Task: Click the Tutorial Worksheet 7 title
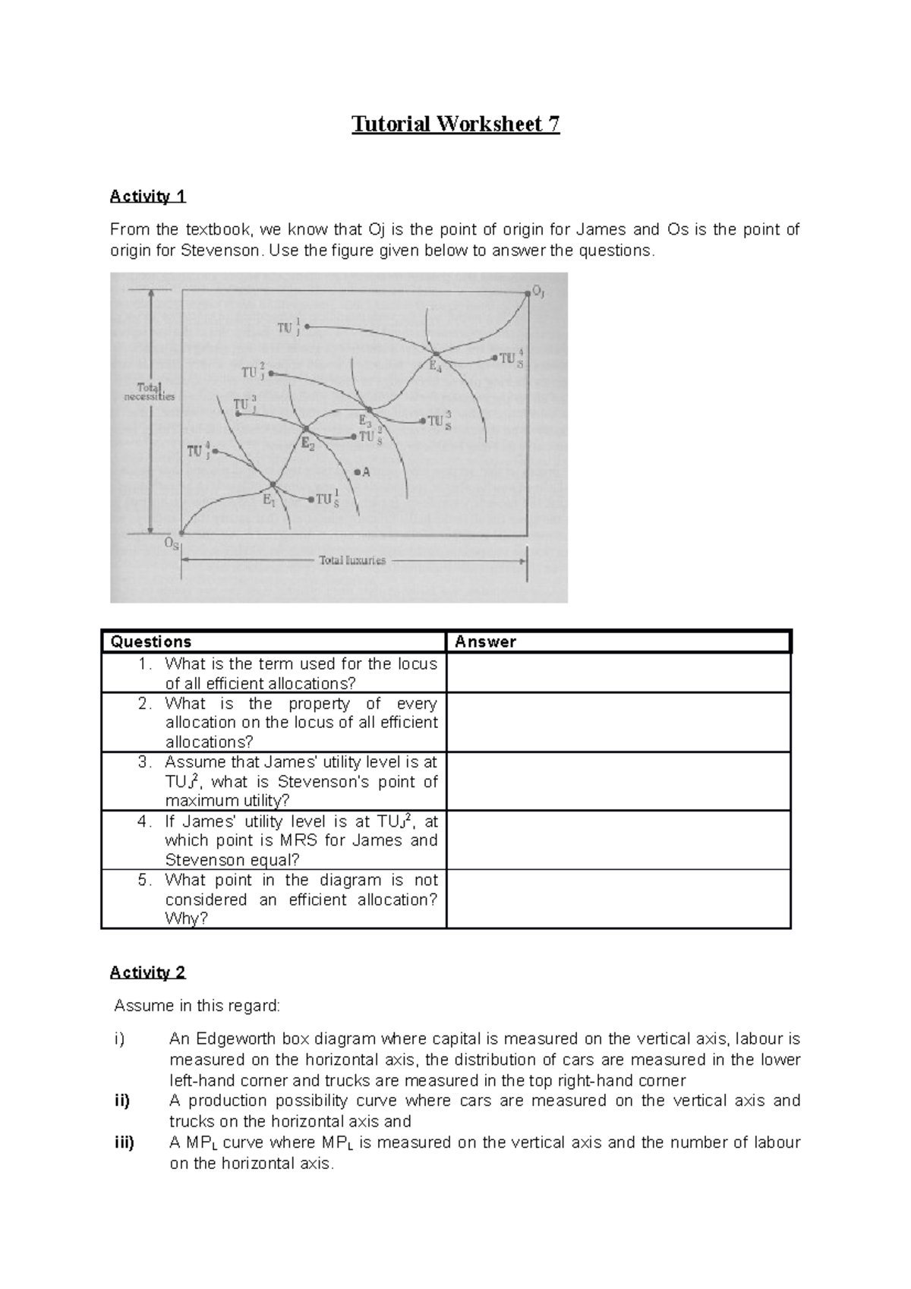[x=455, y=124]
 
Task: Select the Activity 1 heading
[x=147, y=197]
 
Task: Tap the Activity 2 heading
[x=147, y=972]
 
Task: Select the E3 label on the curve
[x=364, y=419]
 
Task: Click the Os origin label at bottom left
[x=172, y=544]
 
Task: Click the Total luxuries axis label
[x=351, y=561]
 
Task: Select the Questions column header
[x=151, y=642]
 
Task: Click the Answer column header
[x=485, y=642]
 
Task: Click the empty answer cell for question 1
[x=618, y=673]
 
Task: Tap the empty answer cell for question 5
[x=618, y=900]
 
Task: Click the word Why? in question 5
[x=186, y=919]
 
